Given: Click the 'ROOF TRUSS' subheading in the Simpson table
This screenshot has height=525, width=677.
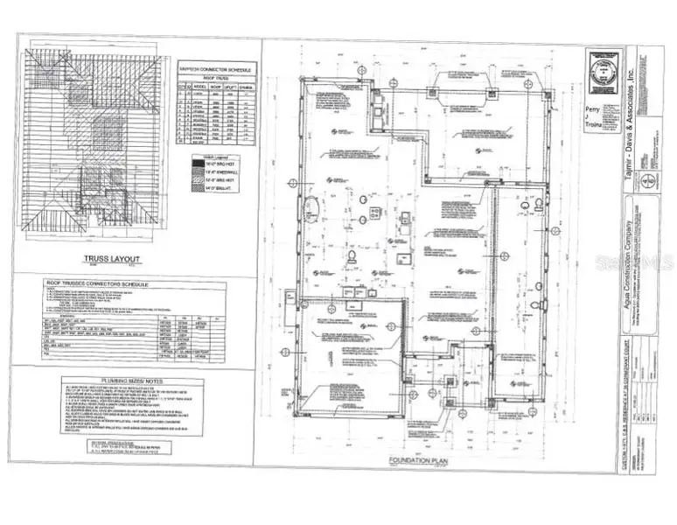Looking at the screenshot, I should pos(217,79).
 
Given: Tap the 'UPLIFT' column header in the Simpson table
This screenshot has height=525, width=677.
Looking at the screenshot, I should pos(231,88).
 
